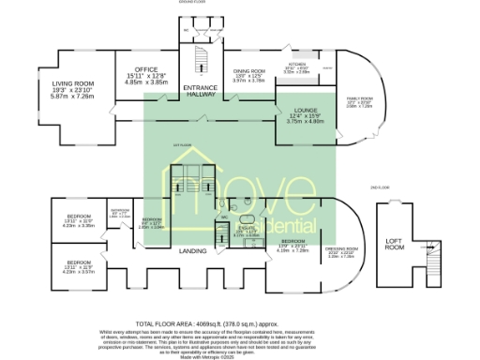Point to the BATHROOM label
[x=119, y=209]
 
